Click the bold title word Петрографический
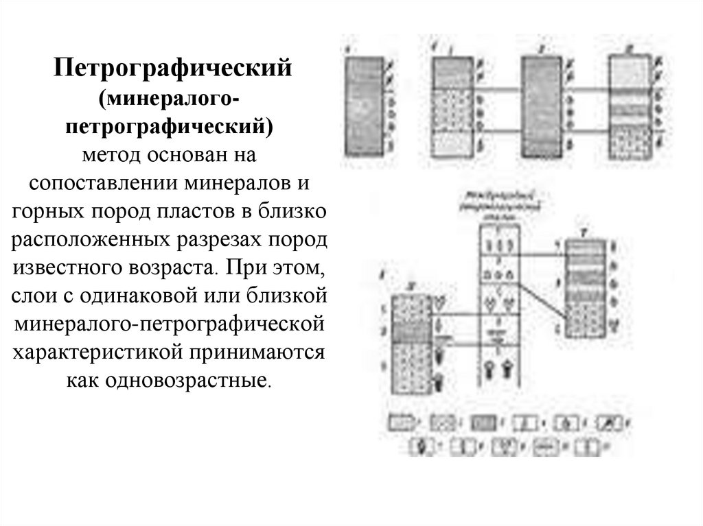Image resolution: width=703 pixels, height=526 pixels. [x=174, y=69]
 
